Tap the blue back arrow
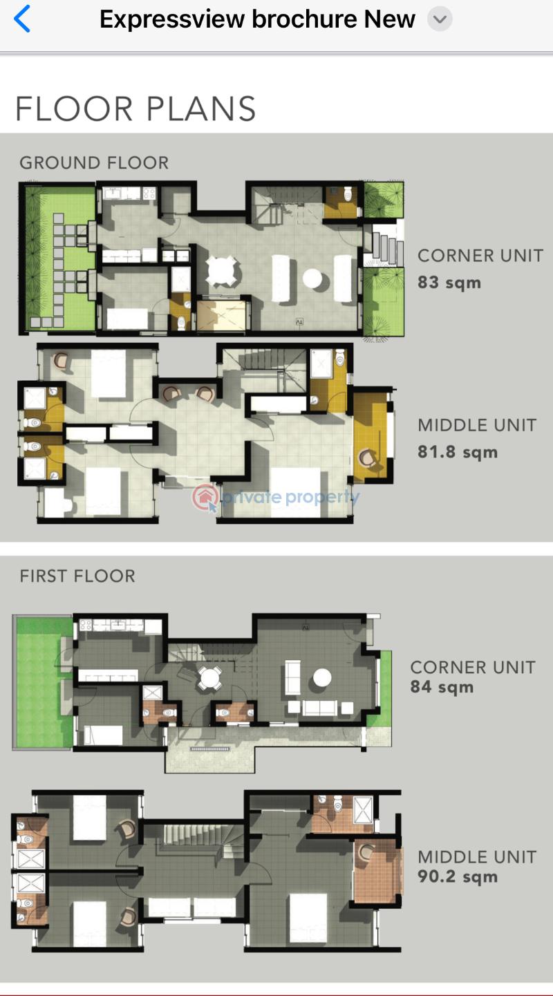22,19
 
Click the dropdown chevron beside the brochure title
440,19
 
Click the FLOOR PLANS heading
135,109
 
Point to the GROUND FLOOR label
94,163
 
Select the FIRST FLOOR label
77,576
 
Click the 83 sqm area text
449,282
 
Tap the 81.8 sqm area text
458,452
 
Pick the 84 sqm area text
442,687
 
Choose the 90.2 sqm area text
458,876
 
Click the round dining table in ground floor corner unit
223,270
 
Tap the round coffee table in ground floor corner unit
312,279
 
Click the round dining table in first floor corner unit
209,678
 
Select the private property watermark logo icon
206,497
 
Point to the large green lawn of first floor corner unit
43,682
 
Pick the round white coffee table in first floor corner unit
322,677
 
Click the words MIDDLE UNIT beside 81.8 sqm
477,425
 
